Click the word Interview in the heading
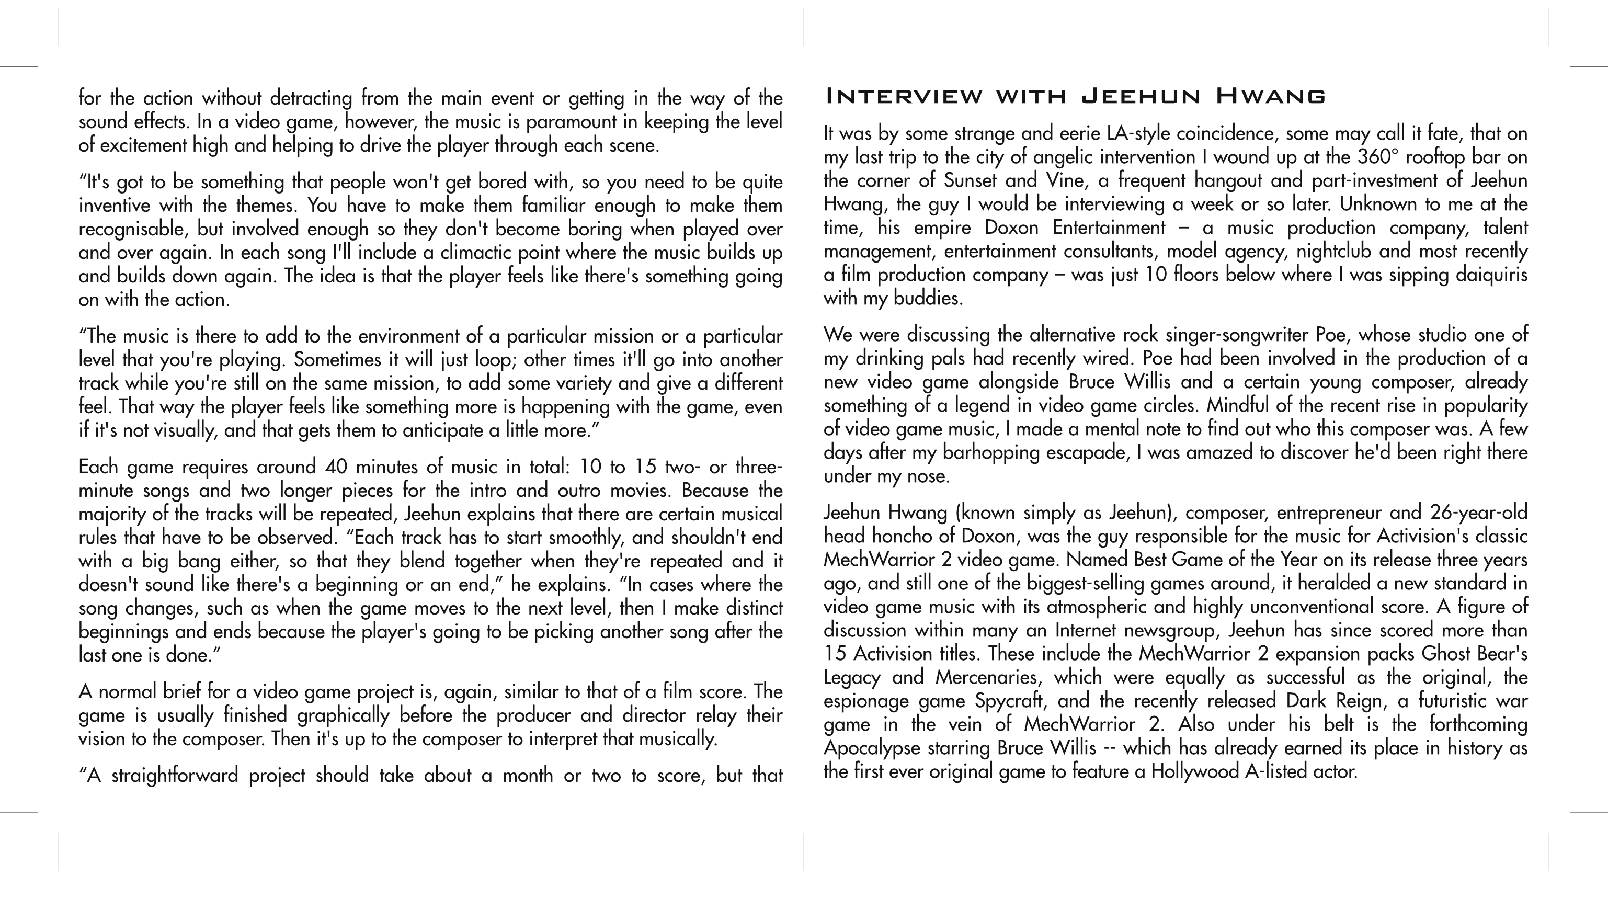click(x=903, y=97)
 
